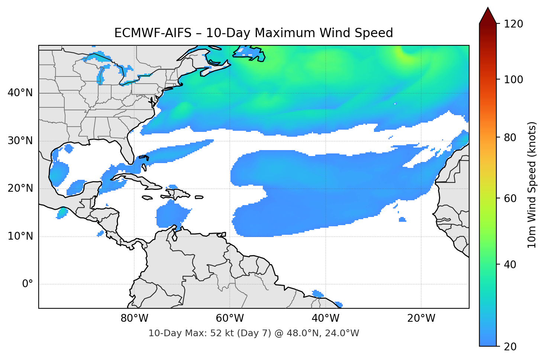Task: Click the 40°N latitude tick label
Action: coord(20,93)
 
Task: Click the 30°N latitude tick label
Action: coord(20,141)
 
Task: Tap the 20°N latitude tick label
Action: coord(20,188)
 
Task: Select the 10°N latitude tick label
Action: coord(20,236)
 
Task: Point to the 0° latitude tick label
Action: coord(28,284)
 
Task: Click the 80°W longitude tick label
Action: coord(135,318)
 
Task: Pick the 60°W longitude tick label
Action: coord(230,318)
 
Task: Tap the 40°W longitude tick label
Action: coord(326,318)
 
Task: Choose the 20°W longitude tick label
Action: coord(421,318)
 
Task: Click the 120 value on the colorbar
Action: coord(513,24)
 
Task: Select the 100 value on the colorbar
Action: coord(513,80)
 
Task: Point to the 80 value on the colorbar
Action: coord(510,137)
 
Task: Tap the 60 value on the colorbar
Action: coord(510,198)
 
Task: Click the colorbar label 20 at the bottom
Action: coord(510,347)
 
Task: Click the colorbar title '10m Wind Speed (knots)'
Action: coord(532,185)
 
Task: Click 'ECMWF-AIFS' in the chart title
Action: coord(152,33)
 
